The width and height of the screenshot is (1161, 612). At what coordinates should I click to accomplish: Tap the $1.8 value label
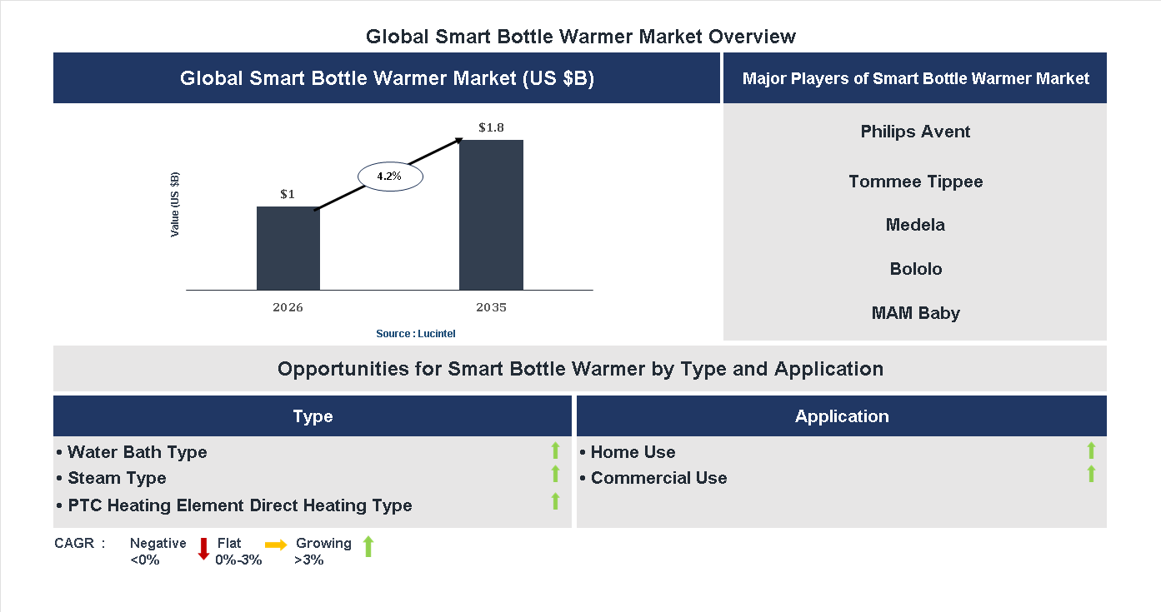coord(491,128)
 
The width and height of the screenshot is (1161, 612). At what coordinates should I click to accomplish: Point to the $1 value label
coord(288,195)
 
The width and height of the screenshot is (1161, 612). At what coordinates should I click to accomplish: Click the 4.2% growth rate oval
coord(390,177)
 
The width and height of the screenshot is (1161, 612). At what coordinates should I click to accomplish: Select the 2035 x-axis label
coord(491,307)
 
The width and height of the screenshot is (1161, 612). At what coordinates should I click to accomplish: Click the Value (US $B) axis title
coord(175,204)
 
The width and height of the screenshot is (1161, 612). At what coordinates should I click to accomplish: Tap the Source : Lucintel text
coord(416,334)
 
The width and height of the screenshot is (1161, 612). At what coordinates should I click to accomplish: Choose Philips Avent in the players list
coord(915,132)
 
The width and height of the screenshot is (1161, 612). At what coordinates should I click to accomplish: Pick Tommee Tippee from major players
coord(915,182)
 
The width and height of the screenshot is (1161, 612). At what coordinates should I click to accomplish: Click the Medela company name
coord(915,225)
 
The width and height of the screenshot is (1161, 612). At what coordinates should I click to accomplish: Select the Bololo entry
coord(915,269)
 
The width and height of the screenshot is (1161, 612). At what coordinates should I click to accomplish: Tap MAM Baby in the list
coord(915,313)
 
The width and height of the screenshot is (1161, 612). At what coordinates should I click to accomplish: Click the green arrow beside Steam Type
coord(555,475)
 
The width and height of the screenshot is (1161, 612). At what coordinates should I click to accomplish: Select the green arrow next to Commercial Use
coord(1091,475)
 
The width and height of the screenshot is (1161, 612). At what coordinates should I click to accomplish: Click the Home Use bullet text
coord(633,452)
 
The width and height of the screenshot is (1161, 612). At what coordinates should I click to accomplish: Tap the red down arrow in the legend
coord(203,549)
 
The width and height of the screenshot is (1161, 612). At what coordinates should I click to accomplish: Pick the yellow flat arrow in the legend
coord(276,545)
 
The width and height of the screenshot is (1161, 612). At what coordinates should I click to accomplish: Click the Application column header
coord(842,416)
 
